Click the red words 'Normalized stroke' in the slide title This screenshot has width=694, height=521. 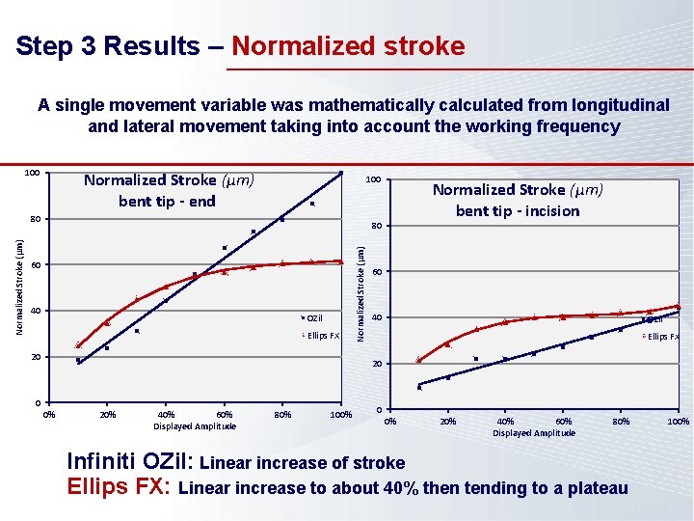click(x=348, y=46)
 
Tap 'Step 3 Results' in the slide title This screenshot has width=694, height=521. click(x=116, y=46)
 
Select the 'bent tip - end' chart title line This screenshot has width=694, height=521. click(x=167, y=201)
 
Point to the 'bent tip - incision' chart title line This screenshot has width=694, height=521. click(x=518, y=210)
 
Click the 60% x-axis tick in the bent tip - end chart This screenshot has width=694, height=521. click(x=224, y=415)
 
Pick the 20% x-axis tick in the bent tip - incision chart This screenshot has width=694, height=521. click(x=448, y=422)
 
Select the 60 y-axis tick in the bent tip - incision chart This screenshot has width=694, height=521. click(x=379, y=272)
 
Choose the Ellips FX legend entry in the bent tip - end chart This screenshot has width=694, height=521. click(x=322, y=336)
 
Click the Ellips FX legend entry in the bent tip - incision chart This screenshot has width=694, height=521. click(x=662, y=337)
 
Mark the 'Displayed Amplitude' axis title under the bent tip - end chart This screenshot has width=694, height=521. click(x=195, y=426)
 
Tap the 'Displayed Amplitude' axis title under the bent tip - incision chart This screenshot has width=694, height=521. click(x=534, y=433)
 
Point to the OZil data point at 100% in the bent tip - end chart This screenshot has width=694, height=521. click(x=340, y=174)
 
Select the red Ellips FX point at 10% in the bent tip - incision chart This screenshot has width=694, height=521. click(x=418, y=360)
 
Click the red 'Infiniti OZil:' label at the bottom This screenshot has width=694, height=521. click(x=130, y=462)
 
